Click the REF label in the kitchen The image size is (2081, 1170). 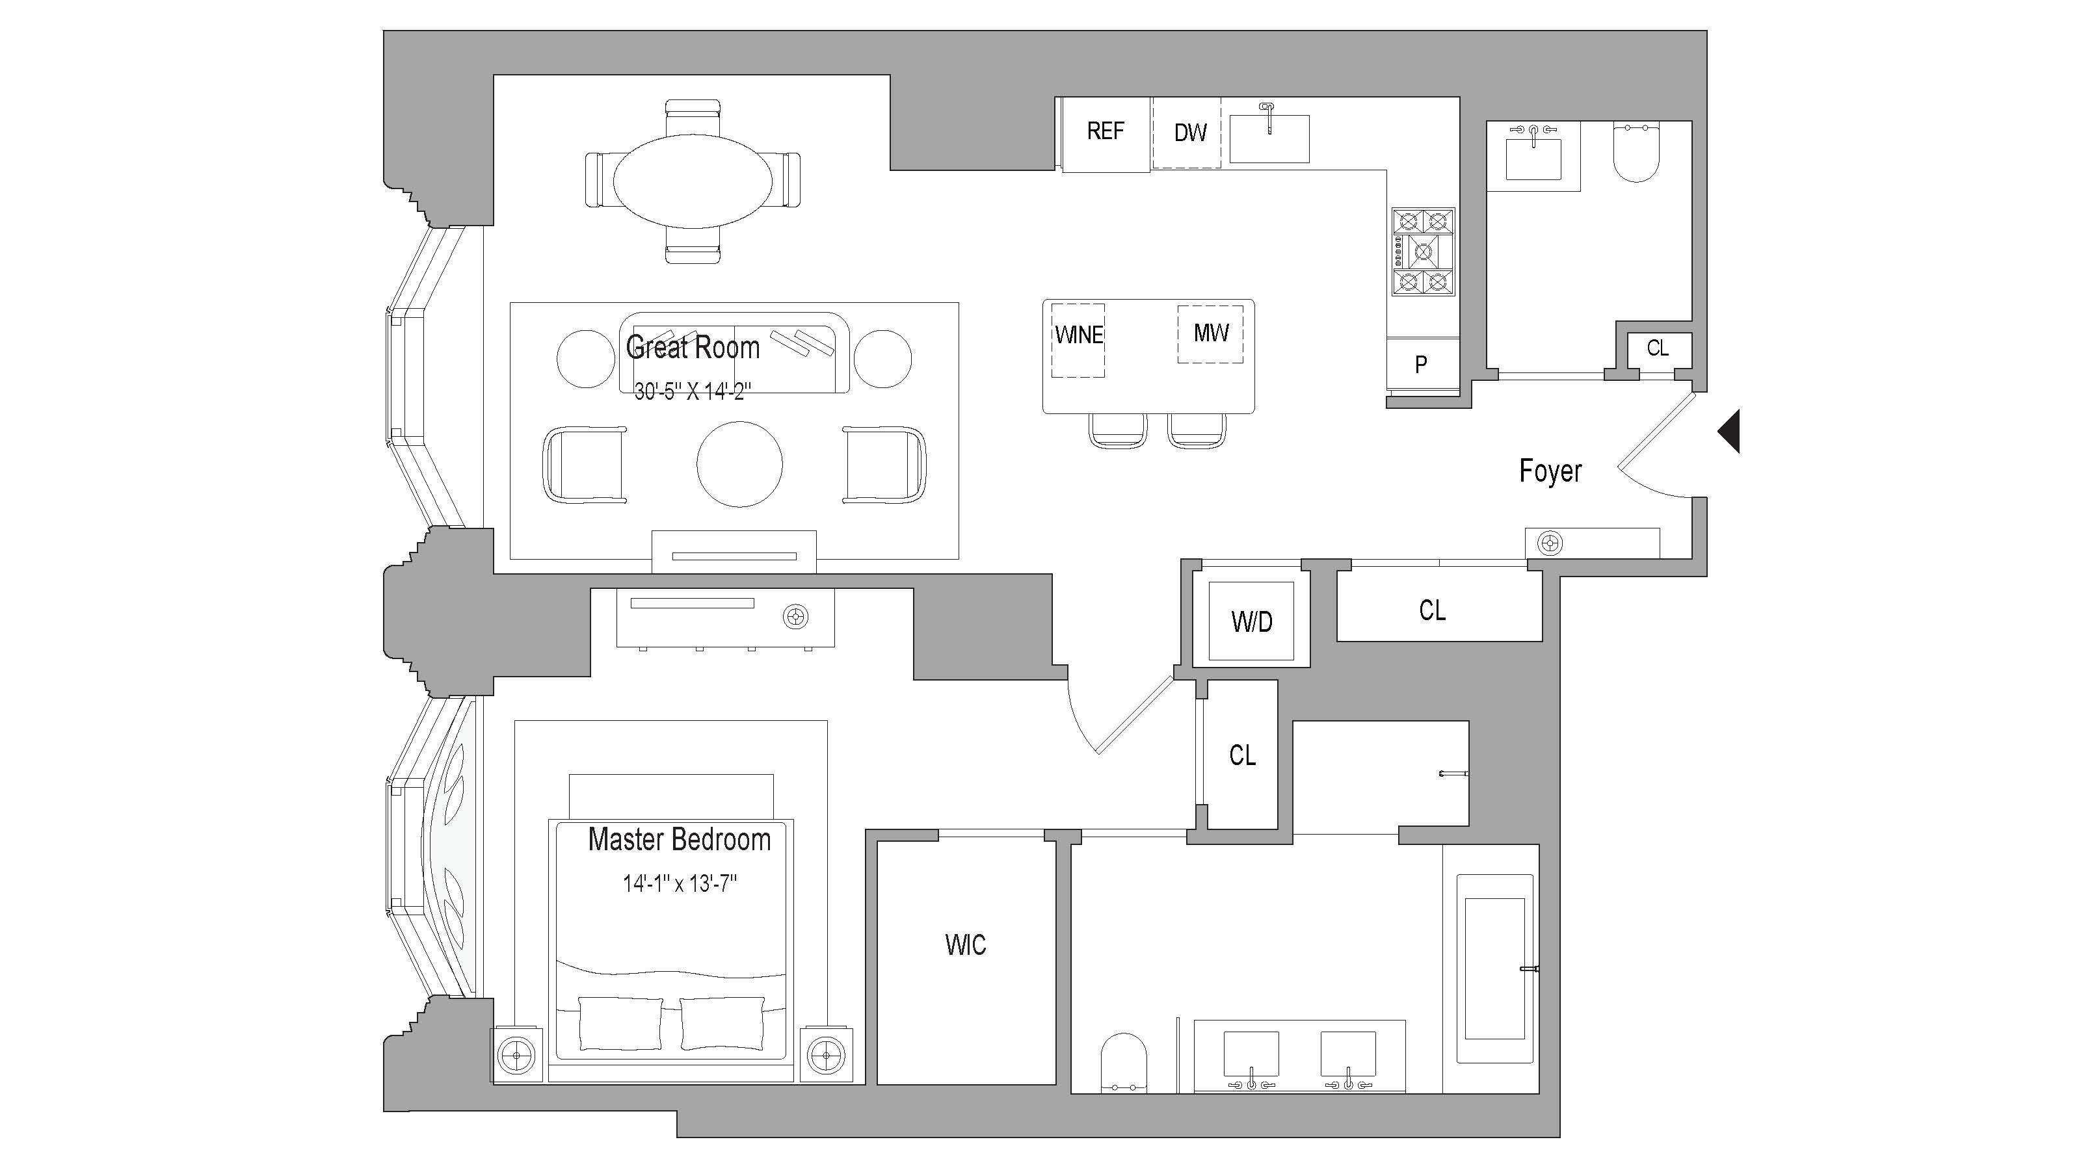1104,131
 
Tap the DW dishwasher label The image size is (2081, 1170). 1190,133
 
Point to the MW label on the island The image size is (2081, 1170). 1210,333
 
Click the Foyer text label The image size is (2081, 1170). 1550,471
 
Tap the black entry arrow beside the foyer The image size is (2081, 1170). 1730,431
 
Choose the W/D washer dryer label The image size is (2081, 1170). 1251,622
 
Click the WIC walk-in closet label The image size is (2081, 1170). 965,944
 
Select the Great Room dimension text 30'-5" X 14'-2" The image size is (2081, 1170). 693,391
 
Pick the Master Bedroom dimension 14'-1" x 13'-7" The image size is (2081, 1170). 680,883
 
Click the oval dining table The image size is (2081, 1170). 693,181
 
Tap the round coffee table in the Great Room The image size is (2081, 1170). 739,464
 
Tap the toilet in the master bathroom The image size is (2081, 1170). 1124,1062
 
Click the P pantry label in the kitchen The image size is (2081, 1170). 1421,365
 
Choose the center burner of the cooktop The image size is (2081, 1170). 1423,253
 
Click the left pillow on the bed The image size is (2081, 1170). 620,1023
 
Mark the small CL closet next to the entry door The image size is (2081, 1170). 1658,348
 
